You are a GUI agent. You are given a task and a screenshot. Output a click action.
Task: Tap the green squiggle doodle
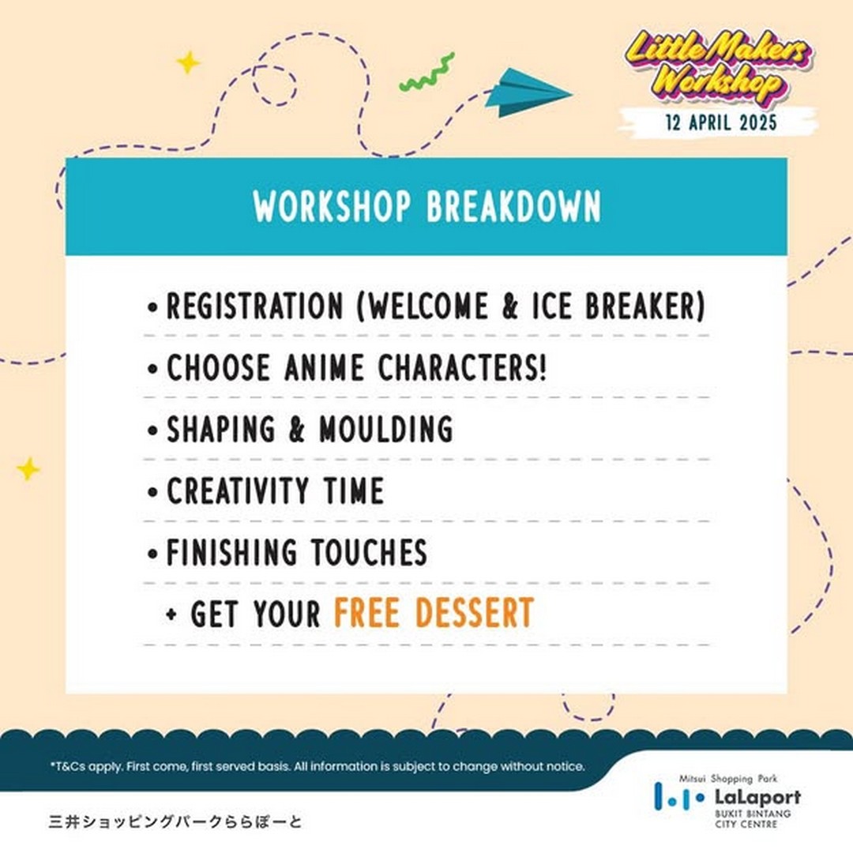[x=427, y=73]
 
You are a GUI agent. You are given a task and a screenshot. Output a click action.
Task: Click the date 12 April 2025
[x=721, y=122]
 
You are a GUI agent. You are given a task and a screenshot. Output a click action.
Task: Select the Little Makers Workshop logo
[x=718, y=67]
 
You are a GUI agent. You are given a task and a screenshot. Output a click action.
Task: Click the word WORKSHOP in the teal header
[x=332, y=207]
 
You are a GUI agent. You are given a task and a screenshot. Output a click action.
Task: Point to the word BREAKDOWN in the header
[x=513, y=207]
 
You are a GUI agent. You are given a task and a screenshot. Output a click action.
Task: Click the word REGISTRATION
[x=254, y=306]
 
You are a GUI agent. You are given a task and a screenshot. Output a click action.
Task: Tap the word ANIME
[x=324, y=367]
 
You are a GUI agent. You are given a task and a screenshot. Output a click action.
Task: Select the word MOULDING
[x=385, y=429]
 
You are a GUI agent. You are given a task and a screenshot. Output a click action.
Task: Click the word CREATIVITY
[x=238, y=490]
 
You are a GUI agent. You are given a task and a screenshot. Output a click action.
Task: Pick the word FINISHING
[x=231, y=552]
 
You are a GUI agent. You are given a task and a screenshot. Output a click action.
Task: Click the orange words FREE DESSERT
[x=434, y=613]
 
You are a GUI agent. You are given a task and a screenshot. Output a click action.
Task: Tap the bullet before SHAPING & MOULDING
[x=152, y=430]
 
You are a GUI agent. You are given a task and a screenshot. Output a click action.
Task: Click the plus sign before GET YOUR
[x=171, y=614]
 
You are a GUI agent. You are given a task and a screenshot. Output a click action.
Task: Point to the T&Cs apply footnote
[x=318, y=766]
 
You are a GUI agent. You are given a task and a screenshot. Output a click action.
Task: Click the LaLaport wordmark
[x=757, y=798]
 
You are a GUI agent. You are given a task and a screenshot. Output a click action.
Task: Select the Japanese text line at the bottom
[x=175, y=821]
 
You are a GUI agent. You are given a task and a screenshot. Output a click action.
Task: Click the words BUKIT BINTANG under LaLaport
[x=753, y=814]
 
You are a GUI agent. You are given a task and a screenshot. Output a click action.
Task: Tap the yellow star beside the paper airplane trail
[x=188, y=62]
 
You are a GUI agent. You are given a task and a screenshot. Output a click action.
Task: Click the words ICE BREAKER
[x=618, y=306]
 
